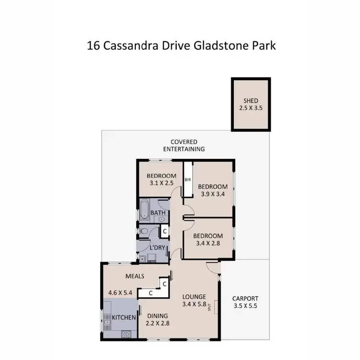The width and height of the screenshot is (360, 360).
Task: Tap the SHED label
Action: (251, 100)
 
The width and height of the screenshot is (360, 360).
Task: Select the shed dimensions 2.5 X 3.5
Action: (251, 108)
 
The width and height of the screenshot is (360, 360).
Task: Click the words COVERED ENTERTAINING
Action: (184, 145)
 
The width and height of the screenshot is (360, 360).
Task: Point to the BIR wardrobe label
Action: (188, 180)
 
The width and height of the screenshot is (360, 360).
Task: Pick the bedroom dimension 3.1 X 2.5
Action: (161, 183)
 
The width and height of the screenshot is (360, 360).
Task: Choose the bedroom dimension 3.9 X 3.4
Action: (212, 194)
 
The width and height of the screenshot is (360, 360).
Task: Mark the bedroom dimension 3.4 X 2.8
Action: (208, 243)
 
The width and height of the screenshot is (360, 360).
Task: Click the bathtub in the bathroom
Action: (144, 212)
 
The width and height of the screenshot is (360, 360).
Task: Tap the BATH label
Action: (158, 213)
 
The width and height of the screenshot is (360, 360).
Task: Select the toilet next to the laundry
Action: (144, 231)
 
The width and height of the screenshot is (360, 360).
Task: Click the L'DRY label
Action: (158, 248)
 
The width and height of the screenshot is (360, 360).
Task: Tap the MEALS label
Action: (135, 276)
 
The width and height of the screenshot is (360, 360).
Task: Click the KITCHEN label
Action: (124, 318)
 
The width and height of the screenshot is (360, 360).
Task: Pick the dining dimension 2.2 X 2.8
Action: (157, 324)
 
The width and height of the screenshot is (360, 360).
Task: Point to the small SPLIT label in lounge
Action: (210, 307)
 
